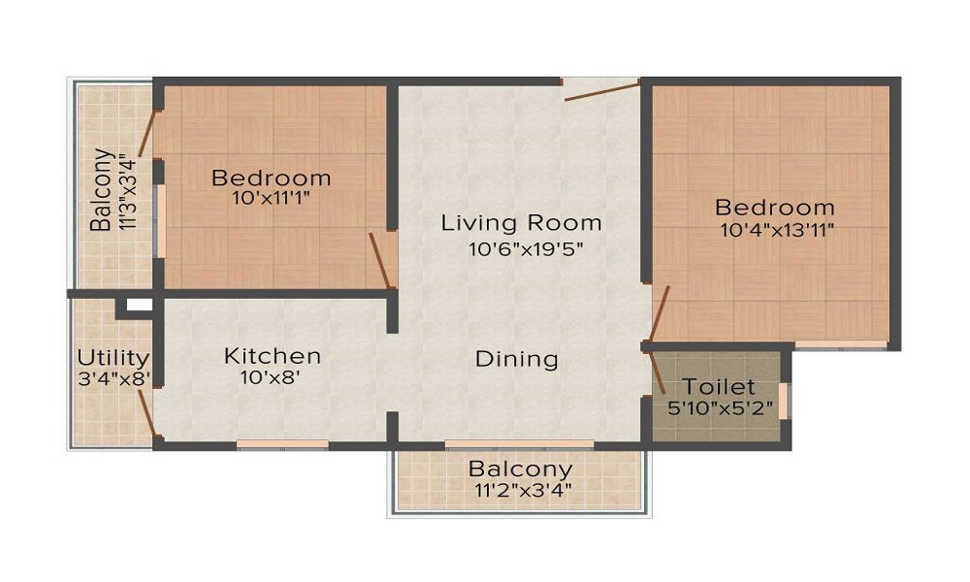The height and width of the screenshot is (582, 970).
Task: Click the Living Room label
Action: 521,222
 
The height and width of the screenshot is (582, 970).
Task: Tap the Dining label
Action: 516,359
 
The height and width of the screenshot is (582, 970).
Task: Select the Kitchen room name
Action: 272,356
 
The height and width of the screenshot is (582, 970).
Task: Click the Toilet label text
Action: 719,385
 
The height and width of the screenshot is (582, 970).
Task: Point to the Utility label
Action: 113,357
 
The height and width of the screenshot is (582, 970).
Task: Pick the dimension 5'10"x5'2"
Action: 721,407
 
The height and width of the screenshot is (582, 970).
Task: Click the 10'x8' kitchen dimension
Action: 272,379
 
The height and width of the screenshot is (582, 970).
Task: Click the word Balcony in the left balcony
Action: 100,190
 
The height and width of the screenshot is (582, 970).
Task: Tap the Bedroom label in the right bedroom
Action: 774,207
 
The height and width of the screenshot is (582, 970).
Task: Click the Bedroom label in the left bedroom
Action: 271,178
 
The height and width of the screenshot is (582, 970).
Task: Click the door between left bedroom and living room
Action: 380,260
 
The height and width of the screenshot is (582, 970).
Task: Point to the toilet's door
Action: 657,373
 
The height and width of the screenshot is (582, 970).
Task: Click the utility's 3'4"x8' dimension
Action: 113,379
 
